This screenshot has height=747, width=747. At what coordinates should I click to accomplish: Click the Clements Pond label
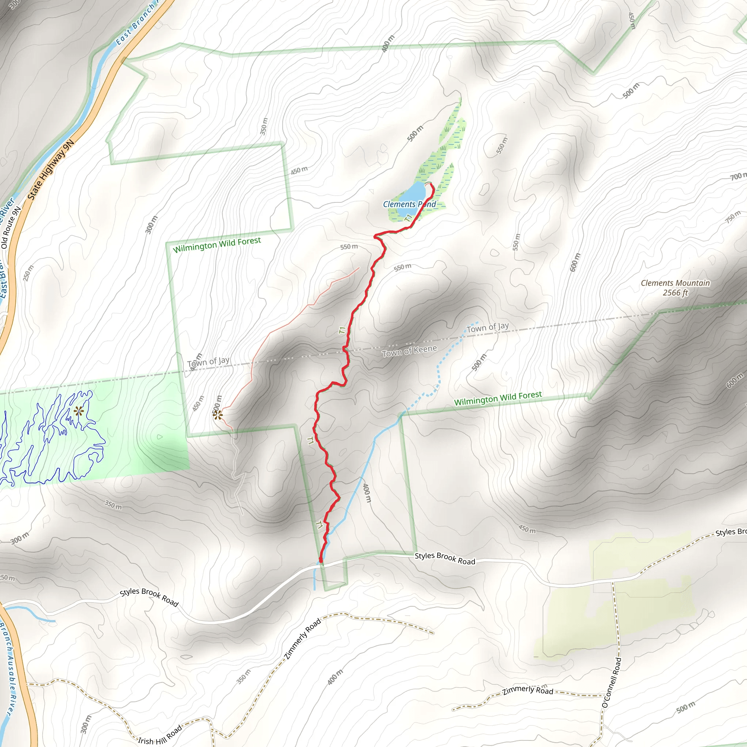click(x=409, y=204)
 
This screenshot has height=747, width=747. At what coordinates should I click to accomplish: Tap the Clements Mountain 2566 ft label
click(x=675, y=288)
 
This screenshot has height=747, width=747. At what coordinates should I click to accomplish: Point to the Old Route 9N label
click(x=11, y=227)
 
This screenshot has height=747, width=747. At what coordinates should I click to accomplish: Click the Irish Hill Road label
click(x=160, y=735)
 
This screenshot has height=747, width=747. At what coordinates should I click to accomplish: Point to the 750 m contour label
click(x=733, y=217)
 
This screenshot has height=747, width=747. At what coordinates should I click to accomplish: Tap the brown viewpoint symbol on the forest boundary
click(x=218, y=415)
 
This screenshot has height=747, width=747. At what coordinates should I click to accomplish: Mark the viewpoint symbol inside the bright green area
click(x=79, y=411)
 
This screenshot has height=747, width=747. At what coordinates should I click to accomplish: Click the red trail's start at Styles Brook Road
click(x=321, y=560)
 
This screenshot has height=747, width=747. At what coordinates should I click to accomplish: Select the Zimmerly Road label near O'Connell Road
click(x=528, y=690)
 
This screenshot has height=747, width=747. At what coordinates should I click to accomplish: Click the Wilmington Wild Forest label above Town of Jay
click(x=217, y=244)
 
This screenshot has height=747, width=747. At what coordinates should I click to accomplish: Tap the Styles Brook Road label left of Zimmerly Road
click(x=149, y=597)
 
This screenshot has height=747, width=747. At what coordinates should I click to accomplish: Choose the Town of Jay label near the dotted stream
click(x=487, y=328)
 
